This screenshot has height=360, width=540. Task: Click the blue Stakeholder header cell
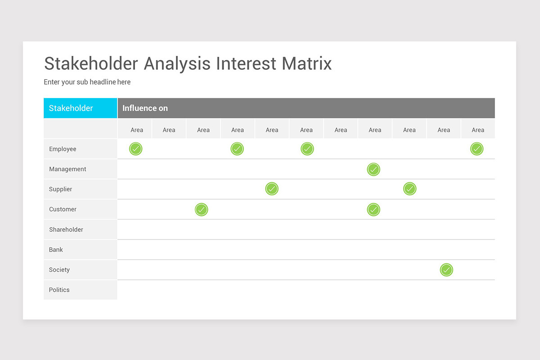point(80,108)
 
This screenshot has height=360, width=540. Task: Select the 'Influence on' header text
point(145,108)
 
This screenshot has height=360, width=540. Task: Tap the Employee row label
point(63,149)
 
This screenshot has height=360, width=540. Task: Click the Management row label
point(67,169)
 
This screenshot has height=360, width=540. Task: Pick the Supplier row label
point(60,189)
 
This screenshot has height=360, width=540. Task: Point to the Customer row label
point(63,209)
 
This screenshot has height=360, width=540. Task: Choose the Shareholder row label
point(66,229)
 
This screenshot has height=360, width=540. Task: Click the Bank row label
point(56,250)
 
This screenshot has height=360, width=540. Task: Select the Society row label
point(59,270)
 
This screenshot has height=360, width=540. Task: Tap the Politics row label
point(59,290)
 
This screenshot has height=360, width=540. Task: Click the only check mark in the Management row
point(373,169)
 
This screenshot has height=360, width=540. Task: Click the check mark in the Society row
point(446,270)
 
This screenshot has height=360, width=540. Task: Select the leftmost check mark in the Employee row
point(135,149)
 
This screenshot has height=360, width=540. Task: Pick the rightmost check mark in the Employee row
point(477,149)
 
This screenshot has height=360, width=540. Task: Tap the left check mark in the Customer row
point(202,210)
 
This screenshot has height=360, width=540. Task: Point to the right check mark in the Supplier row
point(409,189)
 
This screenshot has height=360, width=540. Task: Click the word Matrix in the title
point(306,63)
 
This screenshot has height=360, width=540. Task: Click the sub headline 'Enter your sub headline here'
point(87,82)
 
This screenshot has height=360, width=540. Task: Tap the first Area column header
point(137,130)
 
